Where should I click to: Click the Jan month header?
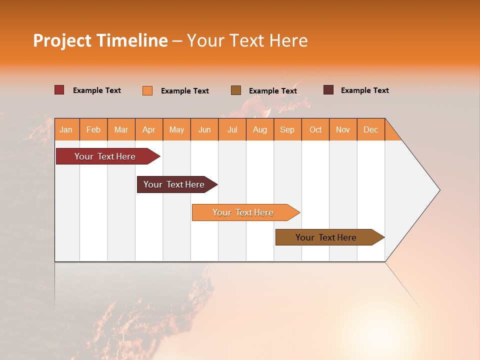[66, 129]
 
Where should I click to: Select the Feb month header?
[93, 129]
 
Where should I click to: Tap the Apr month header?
[148, 129]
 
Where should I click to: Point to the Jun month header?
[204, 129]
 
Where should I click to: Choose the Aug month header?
[259, 129]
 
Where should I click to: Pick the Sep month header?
[287, 129]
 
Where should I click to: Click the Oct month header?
[315, 129]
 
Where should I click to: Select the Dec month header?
[370, 129]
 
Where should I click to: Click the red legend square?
[59, 90]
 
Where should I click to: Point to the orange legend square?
[147, 90]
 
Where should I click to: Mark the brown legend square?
[236, 90]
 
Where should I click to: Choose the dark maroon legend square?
[328, 90]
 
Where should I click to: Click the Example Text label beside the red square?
[97, 90]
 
